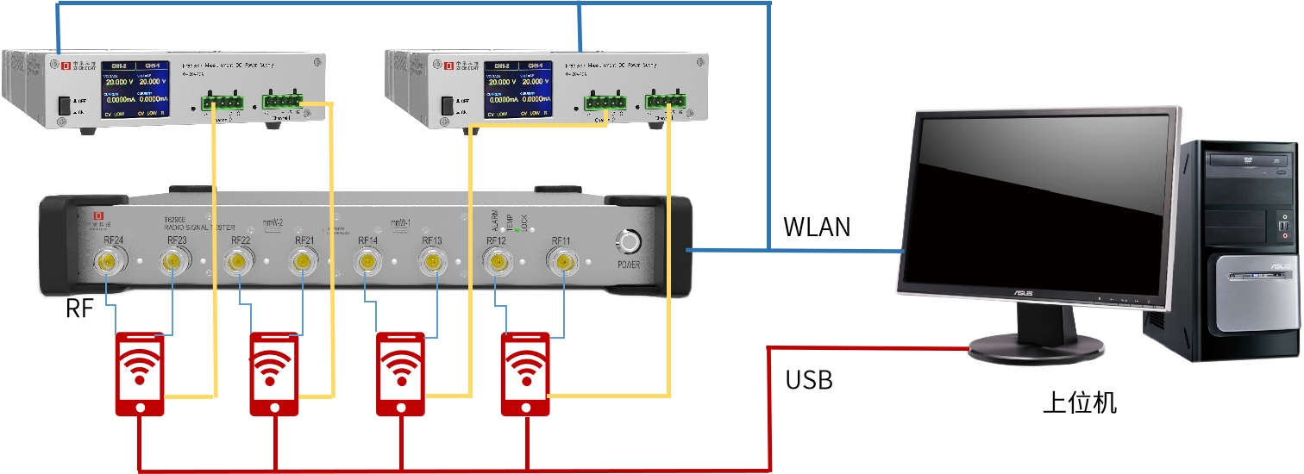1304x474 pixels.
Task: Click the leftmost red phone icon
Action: coord(140,374)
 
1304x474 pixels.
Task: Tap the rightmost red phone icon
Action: coord(525,374)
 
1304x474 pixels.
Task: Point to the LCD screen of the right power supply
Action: coord(517,90)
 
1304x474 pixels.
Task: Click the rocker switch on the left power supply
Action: coord(64,107)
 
